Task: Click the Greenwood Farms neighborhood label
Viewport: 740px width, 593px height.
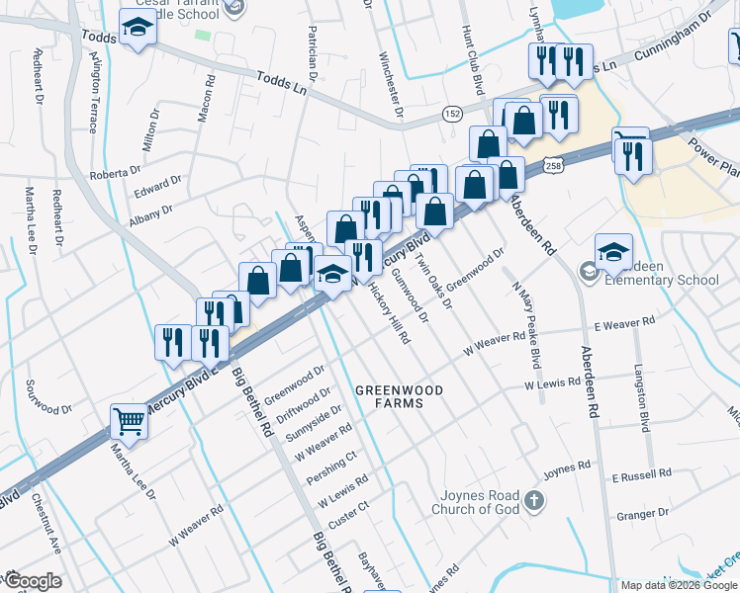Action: pos(400,396)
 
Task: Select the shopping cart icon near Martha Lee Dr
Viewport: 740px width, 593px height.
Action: pos(130,422)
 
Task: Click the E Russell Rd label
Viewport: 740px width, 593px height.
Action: pos(642,476)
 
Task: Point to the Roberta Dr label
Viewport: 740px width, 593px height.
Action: pos(110,174)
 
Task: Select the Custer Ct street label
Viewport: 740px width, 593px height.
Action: pos(348,513)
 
